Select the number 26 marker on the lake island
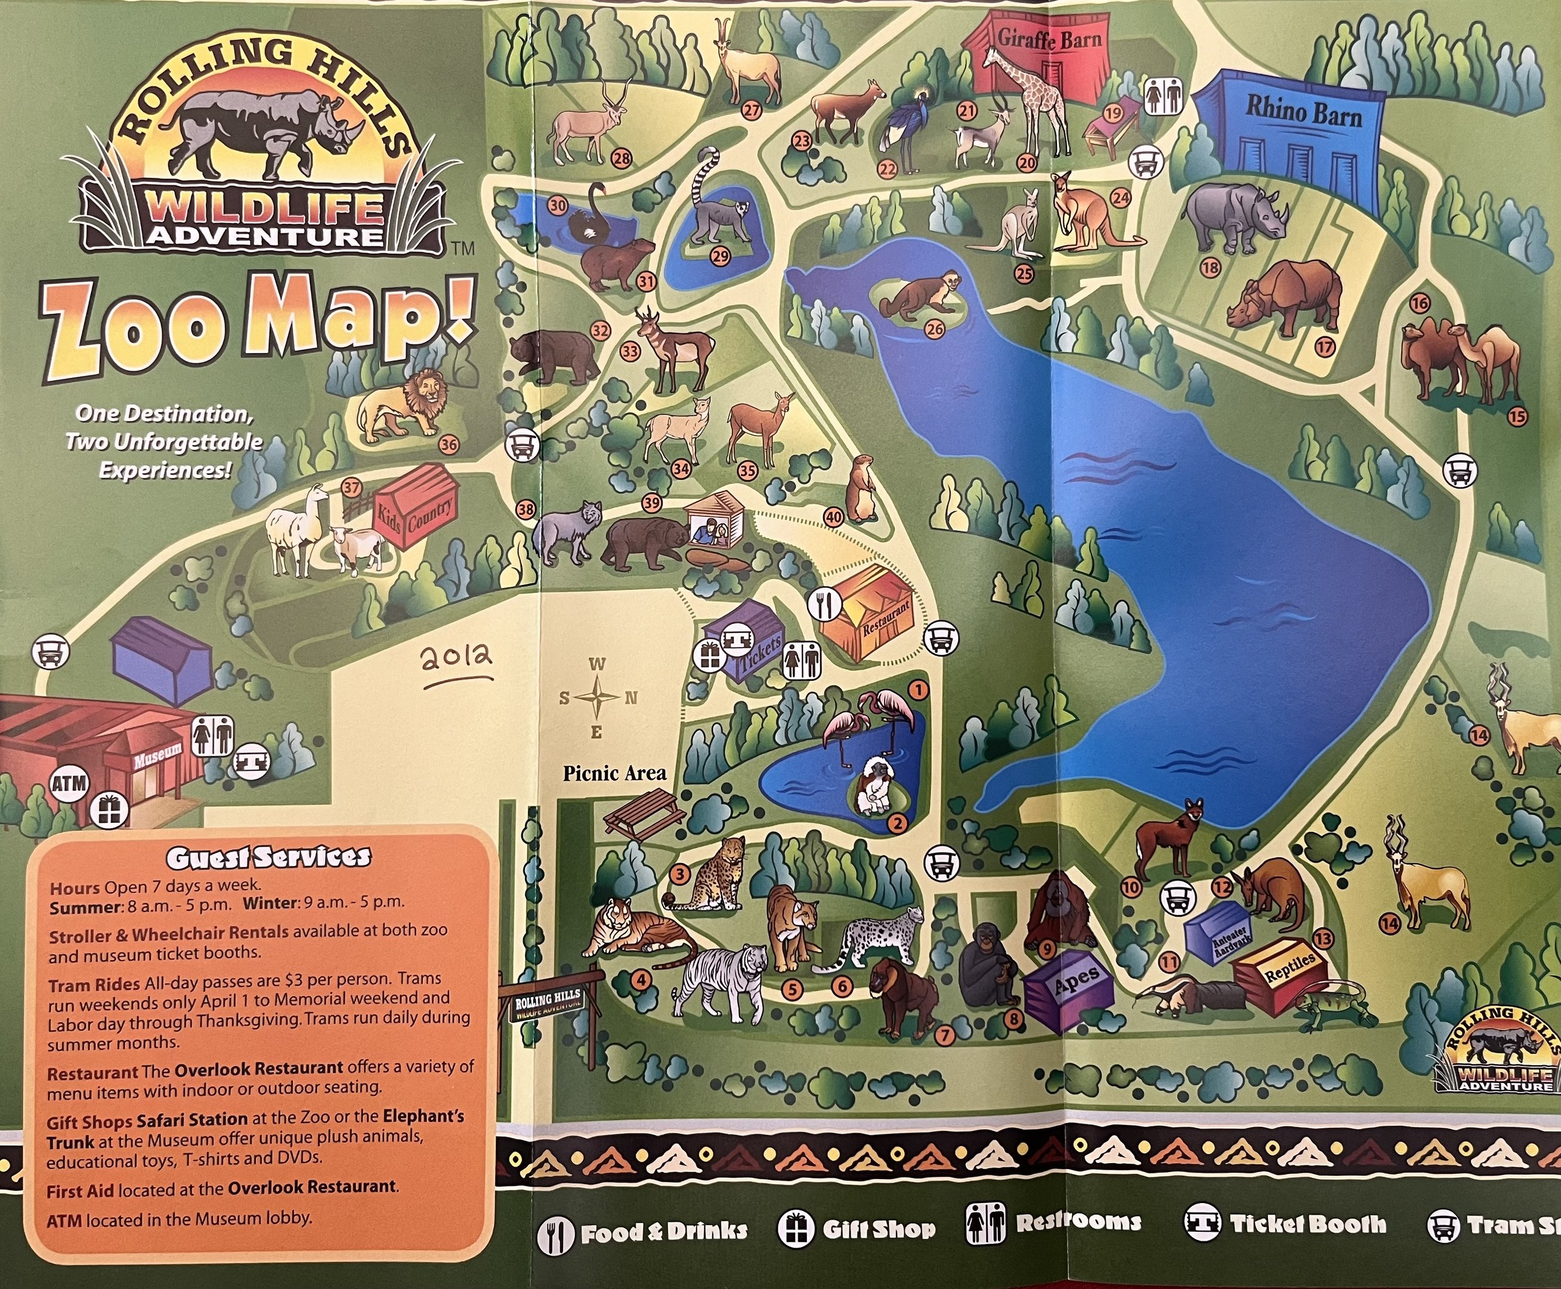pyautogui.click(x=935, y=328)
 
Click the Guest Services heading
pyautogui.click(x=267, y=858)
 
